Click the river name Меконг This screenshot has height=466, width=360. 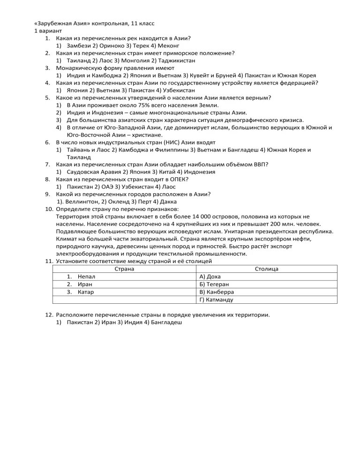tap(167, 46)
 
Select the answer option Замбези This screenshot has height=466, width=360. tap(79, 46)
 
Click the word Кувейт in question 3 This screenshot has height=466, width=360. tap(200, 75)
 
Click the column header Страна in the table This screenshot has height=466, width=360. tap(124, 269)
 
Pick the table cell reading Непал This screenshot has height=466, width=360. tap(87, 277)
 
